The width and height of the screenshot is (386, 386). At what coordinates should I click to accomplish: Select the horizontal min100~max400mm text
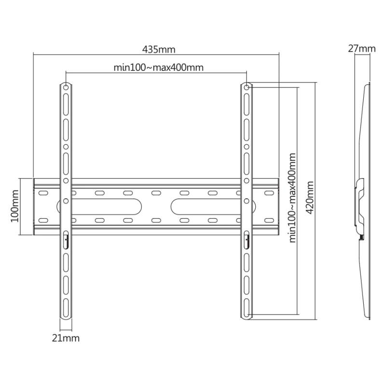[158, 68]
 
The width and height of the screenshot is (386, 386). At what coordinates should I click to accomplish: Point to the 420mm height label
[310, 197]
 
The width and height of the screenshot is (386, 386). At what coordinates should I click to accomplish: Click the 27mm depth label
[361, 49]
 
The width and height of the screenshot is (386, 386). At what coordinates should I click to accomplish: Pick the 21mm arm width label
[66, 338]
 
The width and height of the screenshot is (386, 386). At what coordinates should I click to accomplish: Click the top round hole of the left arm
[66, 87]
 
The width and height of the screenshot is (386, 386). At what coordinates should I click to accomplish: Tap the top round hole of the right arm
[246, 87]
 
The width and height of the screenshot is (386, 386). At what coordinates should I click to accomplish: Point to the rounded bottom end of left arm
[66, 316]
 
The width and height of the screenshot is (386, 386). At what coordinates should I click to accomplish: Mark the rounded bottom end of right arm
[246, 316]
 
